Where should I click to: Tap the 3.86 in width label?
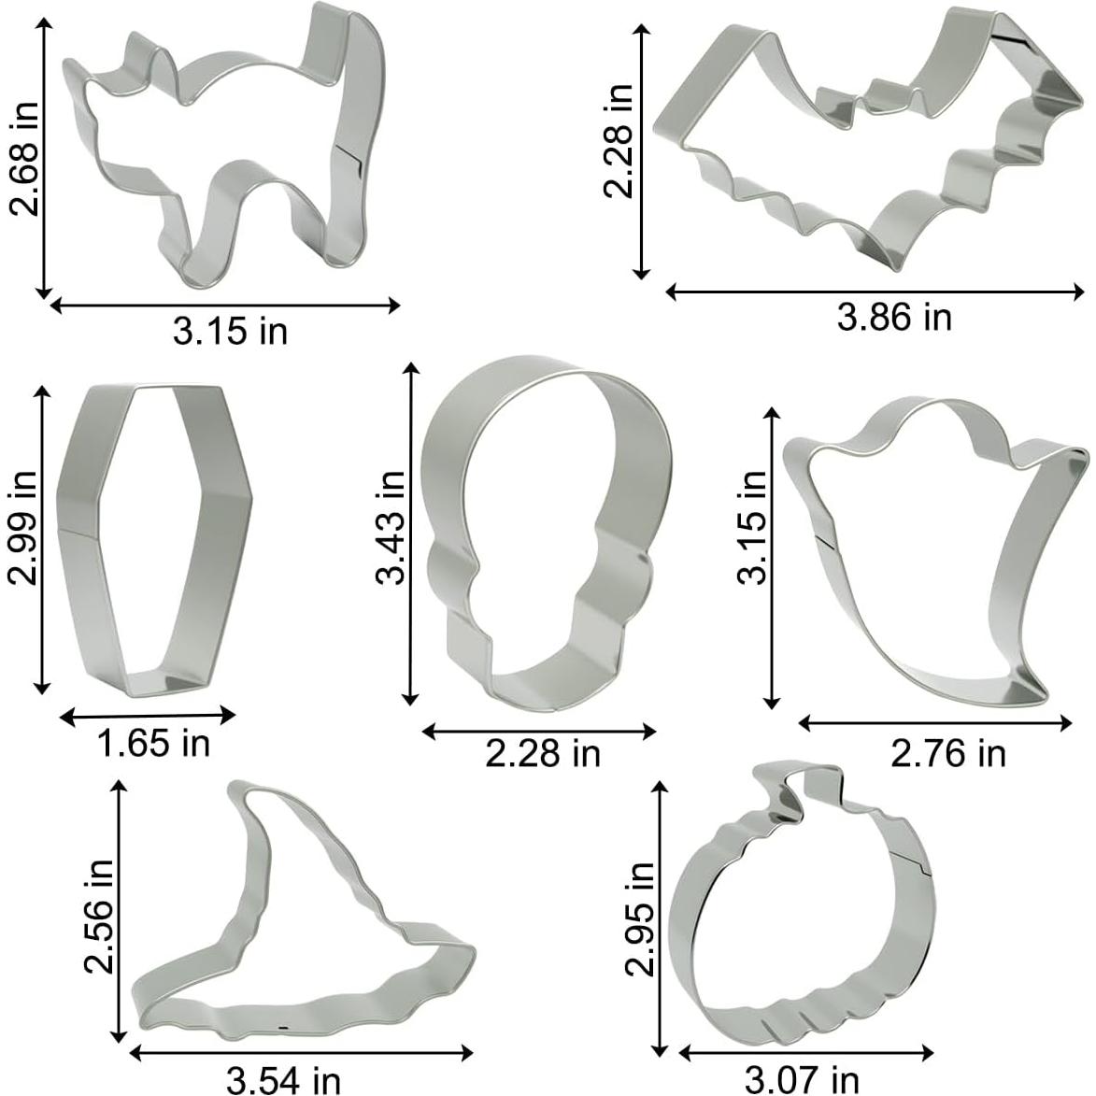pos(894,318)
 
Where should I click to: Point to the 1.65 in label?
pos(153,743)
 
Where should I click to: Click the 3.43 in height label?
pos(390,527)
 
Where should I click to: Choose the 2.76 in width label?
pos(947,753)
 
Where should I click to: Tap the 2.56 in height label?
pos(98,917)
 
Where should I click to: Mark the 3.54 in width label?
pos(283,1081)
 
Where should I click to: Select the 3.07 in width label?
pos(802,1081)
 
